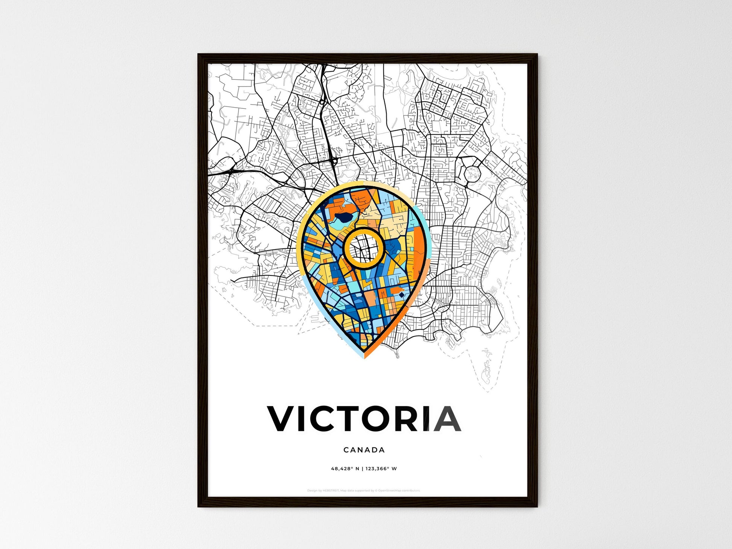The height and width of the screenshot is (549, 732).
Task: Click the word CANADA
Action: [364, 450]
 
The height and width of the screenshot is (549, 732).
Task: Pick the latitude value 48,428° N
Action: [345, 469]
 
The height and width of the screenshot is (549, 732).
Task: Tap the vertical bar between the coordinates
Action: [362, 469]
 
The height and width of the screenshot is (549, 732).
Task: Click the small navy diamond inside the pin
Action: [402, 295]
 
